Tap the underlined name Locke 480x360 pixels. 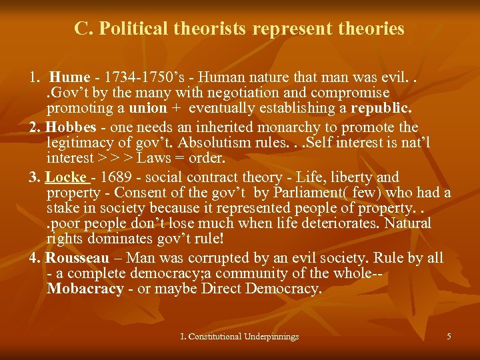[67, 177]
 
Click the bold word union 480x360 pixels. [139, 107]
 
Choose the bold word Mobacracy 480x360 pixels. [85, 289]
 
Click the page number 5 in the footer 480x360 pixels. [449, 337]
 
